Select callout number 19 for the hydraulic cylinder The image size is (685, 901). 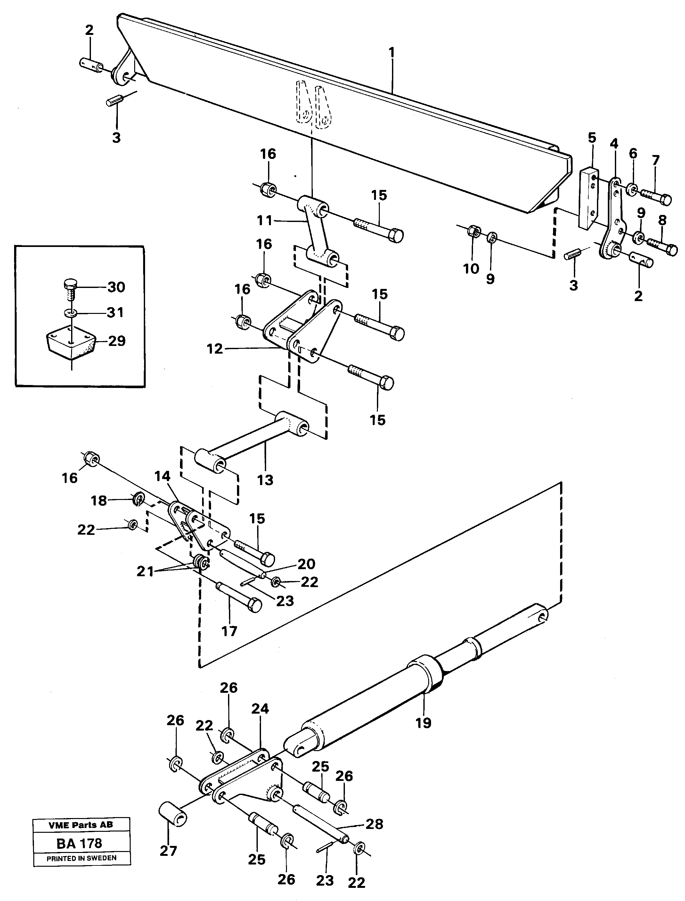423,723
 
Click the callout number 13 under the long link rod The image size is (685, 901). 265,480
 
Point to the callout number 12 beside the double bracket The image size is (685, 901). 215,349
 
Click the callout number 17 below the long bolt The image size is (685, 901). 229,631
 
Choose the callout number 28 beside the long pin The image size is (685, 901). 374,824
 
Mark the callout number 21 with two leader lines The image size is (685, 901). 145,572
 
